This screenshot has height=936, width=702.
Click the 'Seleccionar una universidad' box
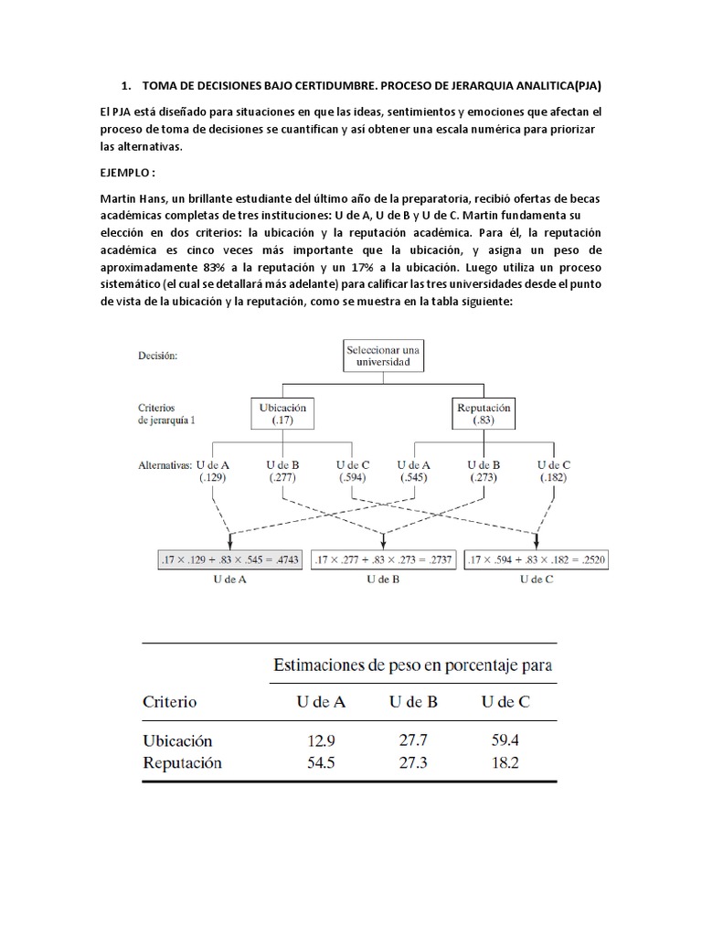384,356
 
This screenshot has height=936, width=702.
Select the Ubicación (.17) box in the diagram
283,413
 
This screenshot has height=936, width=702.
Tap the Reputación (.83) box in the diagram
483,413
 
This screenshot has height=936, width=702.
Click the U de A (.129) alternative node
213,471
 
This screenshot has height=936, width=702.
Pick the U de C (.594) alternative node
353,471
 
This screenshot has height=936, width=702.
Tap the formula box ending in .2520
538,558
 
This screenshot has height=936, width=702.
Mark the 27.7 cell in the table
412,739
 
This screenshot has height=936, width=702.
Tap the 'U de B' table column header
413,702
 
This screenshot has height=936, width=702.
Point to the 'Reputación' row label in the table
183,762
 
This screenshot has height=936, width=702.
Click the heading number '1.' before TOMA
127,86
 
